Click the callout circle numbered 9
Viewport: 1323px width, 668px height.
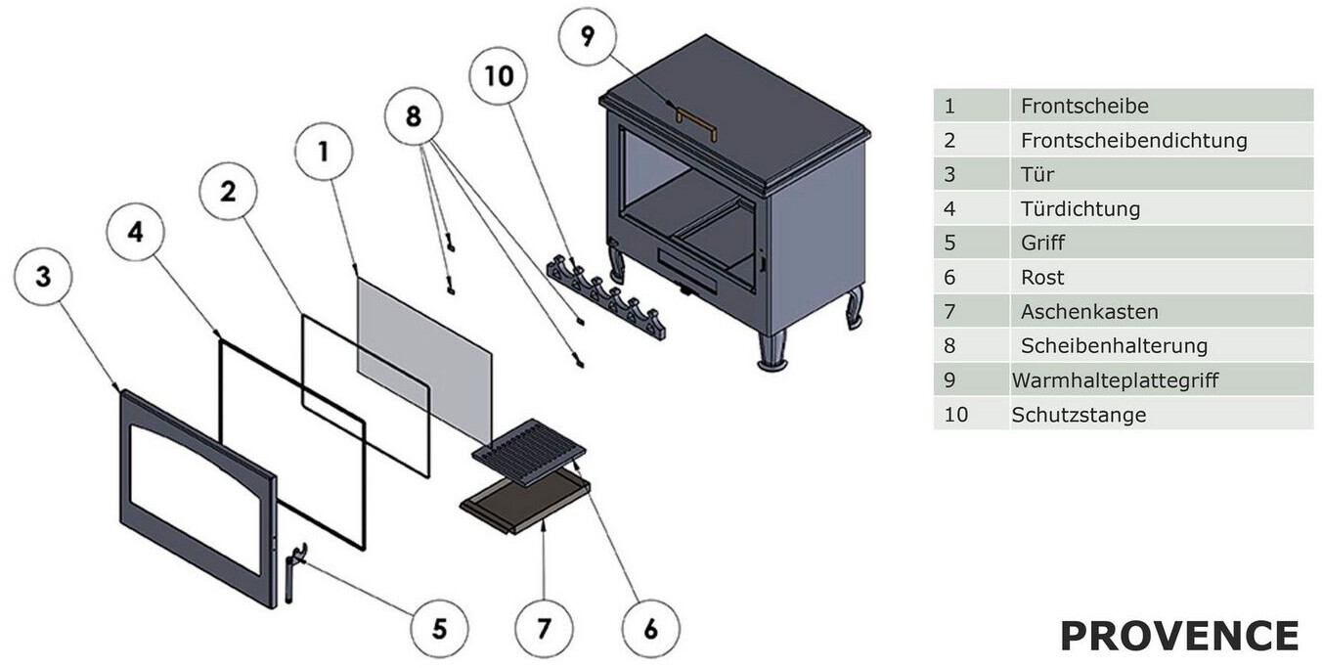coord(587,37)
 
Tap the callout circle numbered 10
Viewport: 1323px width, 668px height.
coord(499,75)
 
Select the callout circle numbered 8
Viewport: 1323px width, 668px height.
coord(414,116)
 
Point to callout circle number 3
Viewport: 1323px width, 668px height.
coord(43,277)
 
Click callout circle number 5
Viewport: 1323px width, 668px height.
coord(439,628)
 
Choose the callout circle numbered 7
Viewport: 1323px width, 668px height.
coord(545,627)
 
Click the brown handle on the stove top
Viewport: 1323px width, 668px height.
coord(696,122)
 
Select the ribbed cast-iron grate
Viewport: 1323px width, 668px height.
coord(529,451)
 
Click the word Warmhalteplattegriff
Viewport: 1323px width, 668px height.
coord(1115,380)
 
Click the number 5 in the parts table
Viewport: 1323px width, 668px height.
coord(949,243)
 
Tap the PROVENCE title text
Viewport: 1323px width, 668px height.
coord(1179,636)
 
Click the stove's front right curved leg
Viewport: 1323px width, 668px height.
coord(772,350)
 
